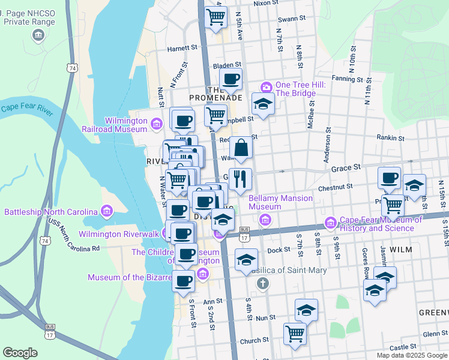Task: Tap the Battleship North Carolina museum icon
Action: tap(107, 212)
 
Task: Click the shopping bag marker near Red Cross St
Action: tap(241, 148)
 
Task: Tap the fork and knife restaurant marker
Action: tap(241, 178)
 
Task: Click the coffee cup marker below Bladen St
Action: tap(231, 79)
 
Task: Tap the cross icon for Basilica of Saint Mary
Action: tap(262, 282)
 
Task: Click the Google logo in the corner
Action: tap(20, 352)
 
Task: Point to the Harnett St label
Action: tap(182, 47)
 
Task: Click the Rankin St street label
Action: tap(391, 137)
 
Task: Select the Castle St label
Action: tap(402, 347)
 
